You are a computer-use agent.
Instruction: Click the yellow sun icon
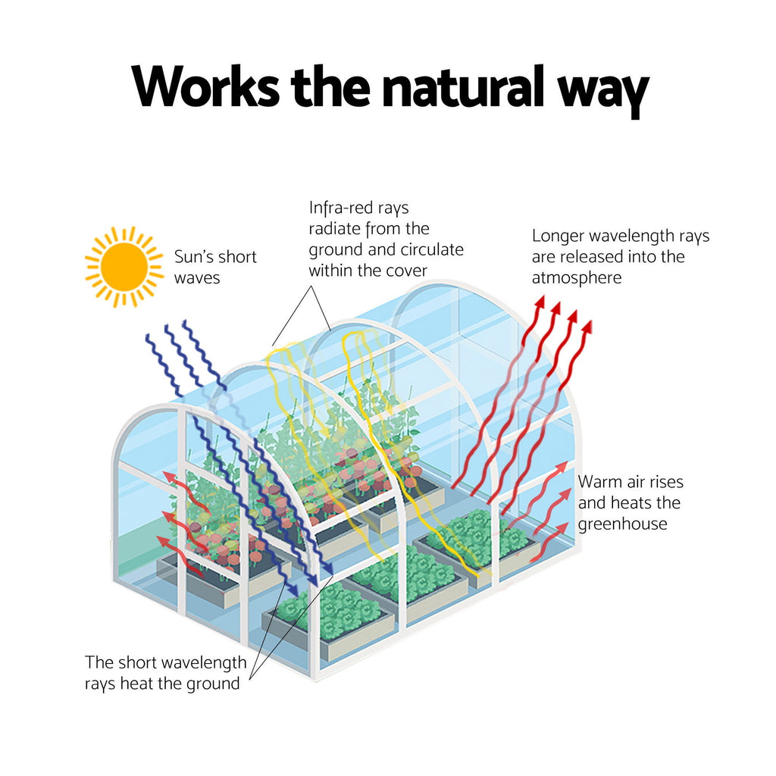tap(124, 267)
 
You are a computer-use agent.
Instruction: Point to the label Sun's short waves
tap(215, 268)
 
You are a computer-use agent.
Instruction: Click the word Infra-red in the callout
tap(339, 208)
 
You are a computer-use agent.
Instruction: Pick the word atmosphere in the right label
tap(577, 277)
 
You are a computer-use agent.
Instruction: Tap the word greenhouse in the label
tap(623, 524)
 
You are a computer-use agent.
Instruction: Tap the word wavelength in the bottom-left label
tap(204, 663)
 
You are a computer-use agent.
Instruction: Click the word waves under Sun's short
tap(197, 278)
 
